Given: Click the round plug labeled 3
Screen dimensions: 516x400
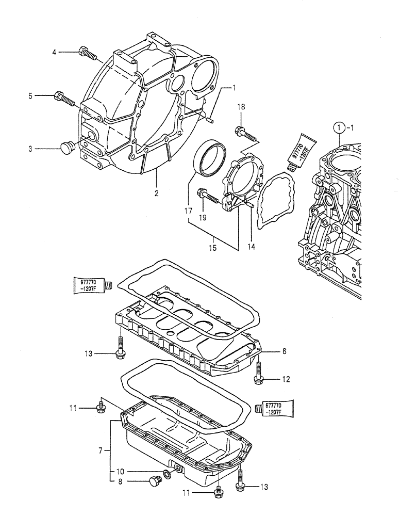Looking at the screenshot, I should click(x=67, y=147).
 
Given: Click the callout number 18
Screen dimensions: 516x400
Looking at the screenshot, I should click(x=240, y=107).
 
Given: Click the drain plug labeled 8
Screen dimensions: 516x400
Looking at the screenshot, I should click(x=154, y=482).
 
